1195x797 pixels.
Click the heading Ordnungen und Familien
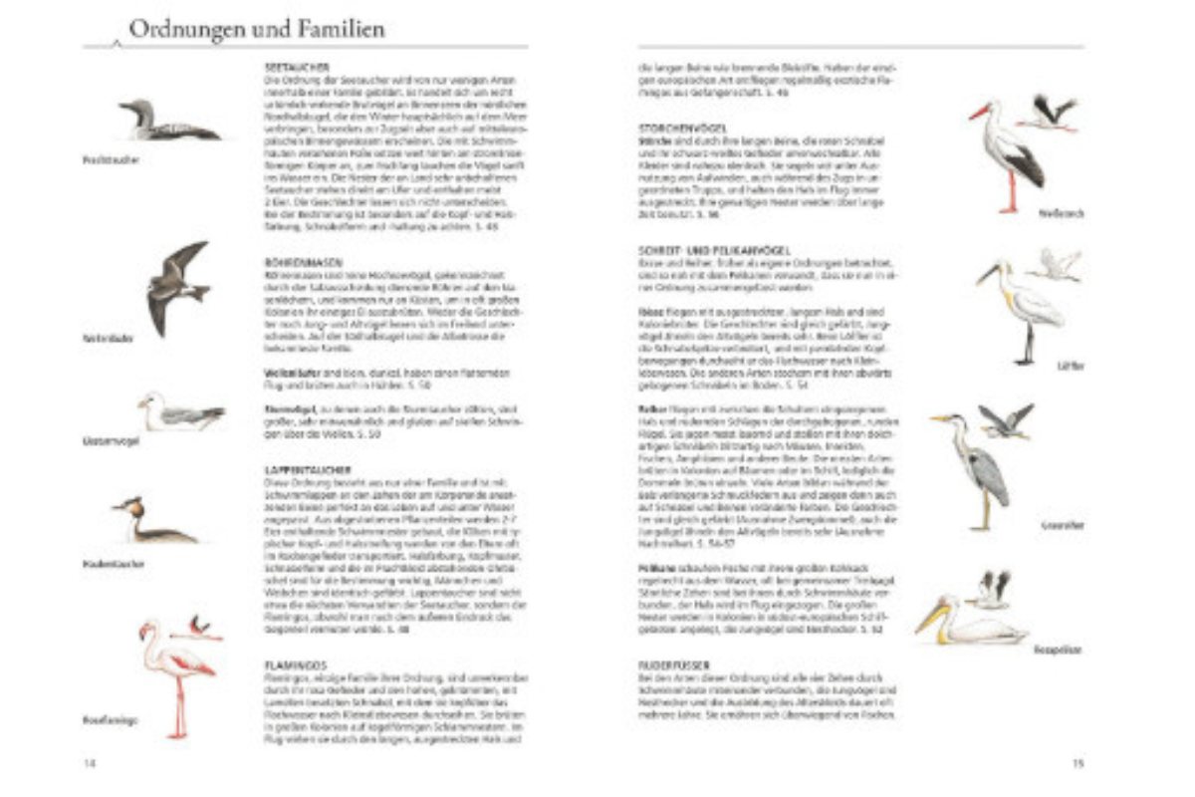coord(256,30)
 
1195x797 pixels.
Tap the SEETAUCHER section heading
coord(289,67)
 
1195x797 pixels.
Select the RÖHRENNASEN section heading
coord(292,263)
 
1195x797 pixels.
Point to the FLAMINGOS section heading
coord(290,664)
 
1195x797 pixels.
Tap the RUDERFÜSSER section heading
coord(677,664)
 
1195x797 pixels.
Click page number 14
coord(91,763)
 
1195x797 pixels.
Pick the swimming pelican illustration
coord(970,623)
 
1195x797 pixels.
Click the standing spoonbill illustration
coord(1026,304)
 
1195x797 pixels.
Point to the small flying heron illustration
coord(1005,420)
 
